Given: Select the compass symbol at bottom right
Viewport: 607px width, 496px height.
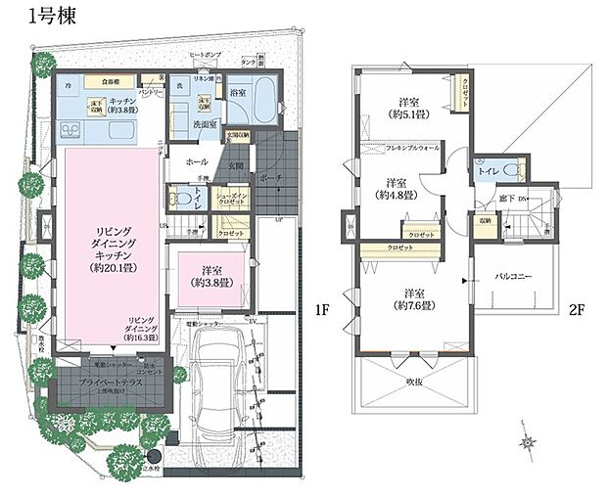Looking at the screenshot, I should point(530,442).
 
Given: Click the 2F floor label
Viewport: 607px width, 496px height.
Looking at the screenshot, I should point(578,312).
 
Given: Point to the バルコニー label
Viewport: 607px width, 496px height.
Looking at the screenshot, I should point(511,278).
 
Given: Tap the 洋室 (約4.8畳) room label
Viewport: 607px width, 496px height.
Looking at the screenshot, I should point(397,189).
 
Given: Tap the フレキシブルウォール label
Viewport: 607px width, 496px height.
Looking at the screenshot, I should point(399,148).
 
